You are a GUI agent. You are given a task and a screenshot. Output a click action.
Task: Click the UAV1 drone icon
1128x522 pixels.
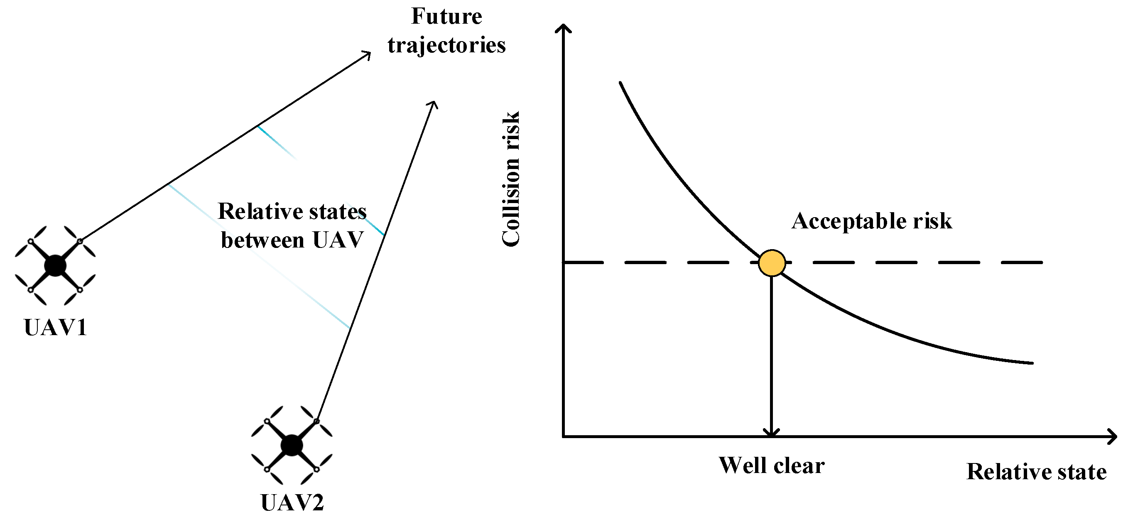[55, 265]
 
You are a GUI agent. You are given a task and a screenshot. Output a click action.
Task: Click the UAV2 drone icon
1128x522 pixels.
[292, 445]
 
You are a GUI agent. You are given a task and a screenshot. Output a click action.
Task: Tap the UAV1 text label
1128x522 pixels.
[56, 328]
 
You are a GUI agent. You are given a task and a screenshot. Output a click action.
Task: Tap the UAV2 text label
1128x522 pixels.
[292, 502]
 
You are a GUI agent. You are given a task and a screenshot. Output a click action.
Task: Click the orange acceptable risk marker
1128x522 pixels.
[772, 263]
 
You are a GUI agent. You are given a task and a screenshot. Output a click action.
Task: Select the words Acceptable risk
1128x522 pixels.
[871, 221]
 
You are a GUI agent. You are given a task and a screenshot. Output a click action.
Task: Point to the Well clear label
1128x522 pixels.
[772, 465]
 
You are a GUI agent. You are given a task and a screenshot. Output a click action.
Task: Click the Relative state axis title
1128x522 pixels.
[1036, 472]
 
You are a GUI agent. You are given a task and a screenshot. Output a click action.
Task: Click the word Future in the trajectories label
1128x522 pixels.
[446, 17]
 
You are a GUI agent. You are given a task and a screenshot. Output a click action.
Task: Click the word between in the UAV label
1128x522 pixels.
[262, 240]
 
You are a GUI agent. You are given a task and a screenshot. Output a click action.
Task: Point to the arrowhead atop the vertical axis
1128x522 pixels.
[563, 28]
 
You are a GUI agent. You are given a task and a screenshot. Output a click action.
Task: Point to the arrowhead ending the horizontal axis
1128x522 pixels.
[1112, 436]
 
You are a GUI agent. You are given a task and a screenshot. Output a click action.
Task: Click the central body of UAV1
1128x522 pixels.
[55, 265]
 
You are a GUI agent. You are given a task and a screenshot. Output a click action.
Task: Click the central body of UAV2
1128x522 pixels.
[292, 445]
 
